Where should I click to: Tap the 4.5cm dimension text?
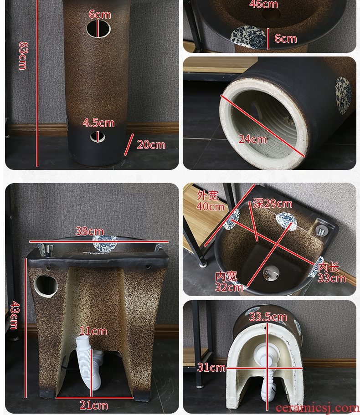tap(98, 123)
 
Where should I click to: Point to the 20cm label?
tap(151, 145)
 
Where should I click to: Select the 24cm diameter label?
tap(252, 139)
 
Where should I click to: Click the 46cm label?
tap(264, 4)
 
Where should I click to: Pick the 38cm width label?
tap(89, 231)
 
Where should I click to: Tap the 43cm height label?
tap(14, 315)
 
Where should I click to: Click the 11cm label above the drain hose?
tap(93, 331)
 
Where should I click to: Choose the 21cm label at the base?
tap(94, 405)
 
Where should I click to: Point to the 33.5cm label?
tap(268, 317)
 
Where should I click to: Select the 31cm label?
tap(211, 367)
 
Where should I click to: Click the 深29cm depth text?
tap(273, 203)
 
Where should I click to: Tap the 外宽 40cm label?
tap(210, 201)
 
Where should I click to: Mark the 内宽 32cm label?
tap(228, 282)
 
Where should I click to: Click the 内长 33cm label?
tap(331, 272)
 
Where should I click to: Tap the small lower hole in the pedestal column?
tap(98, 137)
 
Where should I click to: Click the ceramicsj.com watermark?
tap(317, 408)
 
